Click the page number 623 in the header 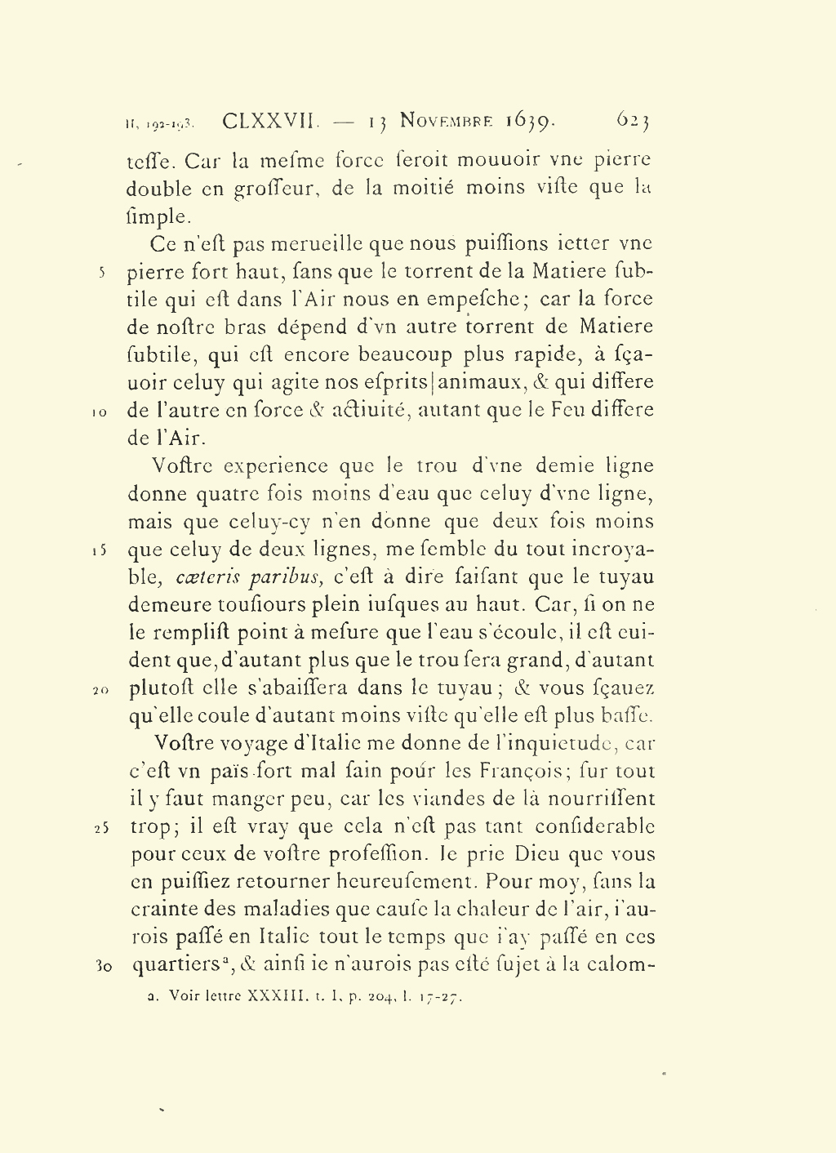(633, 121)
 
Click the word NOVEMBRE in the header (447, 122)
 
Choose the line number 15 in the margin (99, 550)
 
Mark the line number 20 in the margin (100, 690)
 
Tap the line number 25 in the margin (100, 828)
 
